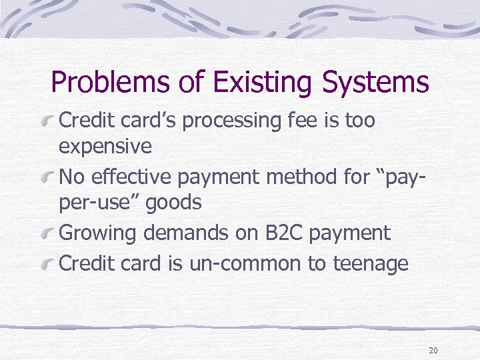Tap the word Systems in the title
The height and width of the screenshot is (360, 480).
click(375, 83)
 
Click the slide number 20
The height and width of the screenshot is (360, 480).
click(433, 350)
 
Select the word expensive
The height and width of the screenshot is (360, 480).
click(105, 147)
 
